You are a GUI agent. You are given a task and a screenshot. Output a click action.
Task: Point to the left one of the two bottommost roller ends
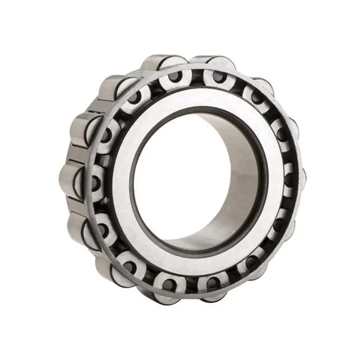click(170, 282)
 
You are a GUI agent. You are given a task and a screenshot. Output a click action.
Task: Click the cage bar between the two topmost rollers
click(195, 74)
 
